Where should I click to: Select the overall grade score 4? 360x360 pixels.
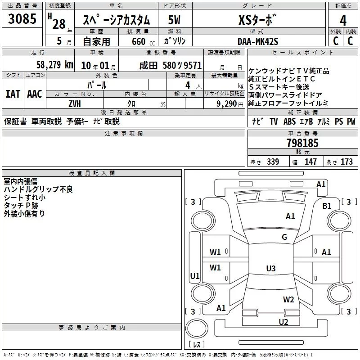pyautogui.click(x=343, y=21)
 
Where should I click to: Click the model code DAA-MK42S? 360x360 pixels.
pyautogui.click(x=258, y=41)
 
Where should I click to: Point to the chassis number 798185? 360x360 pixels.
pyautogui.click(x=302, y=144)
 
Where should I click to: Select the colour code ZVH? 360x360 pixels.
pyautogui.click(x=75, y=103)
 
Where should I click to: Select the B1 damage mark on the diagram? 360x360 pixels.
pyautogui.click(x=327, y=206)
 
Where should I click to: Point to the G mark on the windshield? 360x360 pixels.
pyautogui.click(x=284, y=237)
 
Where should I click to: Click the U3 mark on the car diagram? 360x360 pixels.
pyautogui.click(x=270, y=269)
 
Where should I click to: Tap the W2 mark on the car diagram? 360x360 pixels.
pyautogui.click(x=288, y=300)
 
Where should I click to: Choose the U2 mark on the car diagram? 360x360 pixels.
pyautogui.click(x=283, y=322)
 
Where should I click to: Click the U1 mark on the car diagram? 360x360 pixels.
pyautogui.click(x=195, y=276)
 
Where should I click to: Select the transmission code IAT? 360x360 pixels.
pyautogui.click(x=13, y=94)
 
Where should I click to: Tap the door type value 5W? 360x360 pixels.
pyautogui.click(x=174, y=21)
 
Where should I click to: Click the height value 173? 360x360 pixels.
pyautogui.click(x=346, y=162)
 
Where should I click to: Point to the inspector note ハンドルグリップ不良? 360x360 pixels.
pyautogui.click(x=38, y=189)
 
